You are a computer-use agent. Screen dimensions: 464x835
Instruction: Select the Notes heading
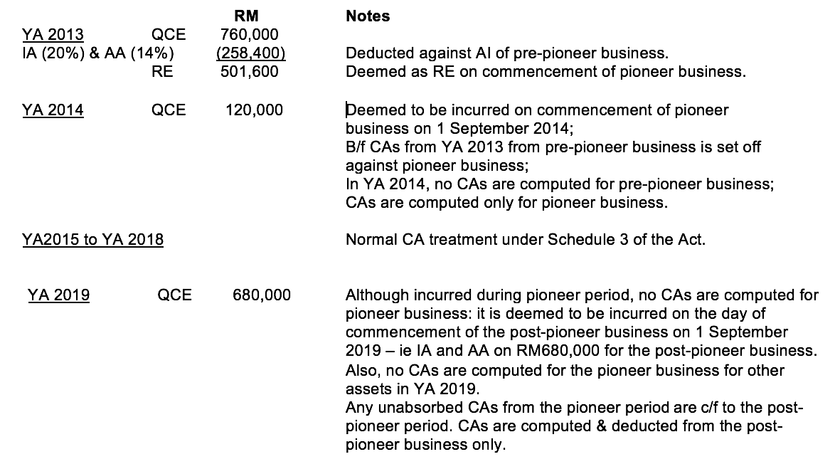pyautogui.click(x=368, y=16)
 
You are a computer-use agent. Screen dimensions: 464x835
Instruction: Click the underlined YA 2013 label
pyautogui.click(x=53, y=34)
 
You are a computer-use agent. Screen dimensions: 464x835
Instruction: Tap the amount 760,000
pyautogui.click(x=250, y=34)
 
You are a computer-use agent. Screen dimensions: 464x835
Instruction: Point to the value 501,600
pyautogui.click(x=250, y=71)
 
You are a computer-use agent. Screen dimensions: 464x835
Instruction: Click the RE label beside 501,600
pyautogui.click(x=163, y=71)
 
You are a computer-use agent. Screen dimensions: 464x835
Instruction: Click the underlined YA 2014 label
pyautogui.click(x=53, y=110)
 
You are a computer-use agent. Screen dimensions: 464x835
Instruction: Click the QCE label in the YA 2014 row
pyautogui.click(x=169, y=110)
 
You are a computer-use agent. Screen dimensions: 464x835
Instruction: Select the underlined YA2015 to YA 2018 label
pyautogui.click(x=92, y=239)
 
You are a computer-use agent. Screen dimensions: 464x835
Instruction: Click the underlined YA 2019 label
pyautogui.click(x=59, y=295)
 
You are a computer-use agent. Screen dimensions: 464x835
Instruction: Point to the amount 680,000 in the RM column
pyautogui.click(x=261, y=295)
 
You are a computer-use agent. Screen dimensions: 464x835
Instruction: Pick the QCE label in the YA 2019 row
pyautogui.click(x=175, y=295)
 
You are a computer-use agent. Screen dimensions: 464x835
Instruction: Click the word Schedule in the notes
pyautogui.click(x=576, y=239)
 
